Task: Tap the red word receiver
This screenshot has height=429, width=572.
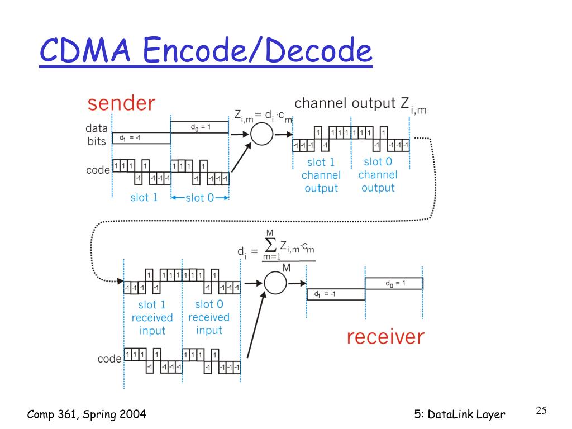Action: (x=385, y=337)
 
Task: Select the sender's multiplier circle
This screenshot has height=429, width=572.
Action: (x=261, y=134)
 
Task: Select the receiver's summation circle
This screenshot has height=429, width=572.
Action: (x=275, y=283)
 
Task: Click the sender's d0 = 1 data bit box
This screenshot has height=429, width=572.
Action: (x=199, y=127)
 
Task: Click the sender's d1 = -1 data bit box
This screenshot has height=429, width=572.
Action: (x=141, y=138)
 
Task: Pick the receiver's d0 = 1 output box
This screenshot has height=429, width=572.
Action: (x=394, y=283)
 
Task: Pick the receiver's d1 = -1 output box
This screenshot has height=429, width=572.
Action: (x=336, y=294)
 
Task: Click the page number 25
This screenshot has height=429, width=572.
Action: (x=541, y=411)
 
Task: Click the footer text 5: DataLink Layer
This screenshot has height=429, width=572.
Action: (x=460, y=414)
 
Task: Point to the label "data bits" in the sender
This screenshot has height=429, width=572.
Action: (x=96, y=135)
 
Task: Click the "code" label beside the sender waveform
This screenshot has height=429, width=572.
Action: (x=98, y=170)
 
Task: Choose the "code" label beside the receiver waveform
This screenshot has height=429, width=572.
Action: (x=109, y=359)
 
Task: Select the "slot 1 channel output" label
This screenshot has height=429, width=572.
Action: (x=321, y=175)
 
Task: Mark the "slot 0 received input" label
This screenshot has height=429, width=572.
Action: (x=209, y=317)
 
